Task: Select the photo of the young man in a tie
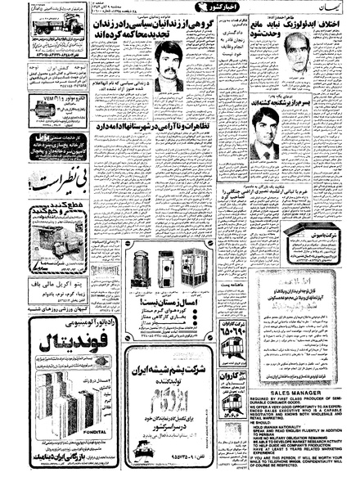click(x=260, y=131)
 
